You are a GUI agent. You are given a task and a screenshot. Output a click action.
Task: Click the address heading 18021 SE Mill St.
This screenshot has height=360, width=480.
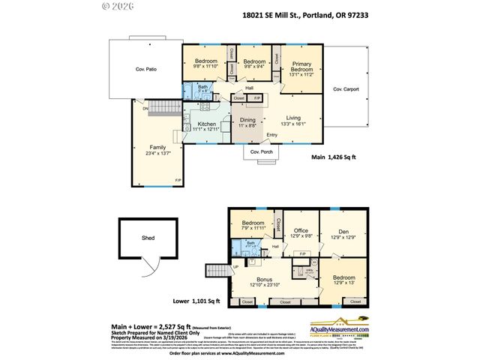[x=305, y=14]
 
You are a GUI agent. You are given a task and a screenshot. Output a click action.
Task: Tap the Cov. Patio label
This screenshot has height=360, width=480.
[x=146, y=69]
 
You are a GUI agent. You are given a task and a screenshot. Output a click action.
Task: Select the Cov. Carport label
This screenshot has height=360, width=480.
[x=346, y=89]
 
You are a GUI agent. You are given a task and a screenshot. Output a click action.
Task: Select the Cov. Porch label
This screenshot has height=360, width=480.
[x=258, y=151]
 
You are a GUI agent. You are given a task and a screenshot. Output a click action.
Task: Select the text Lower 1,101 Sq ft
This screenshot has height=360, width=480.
[x=196, y=301]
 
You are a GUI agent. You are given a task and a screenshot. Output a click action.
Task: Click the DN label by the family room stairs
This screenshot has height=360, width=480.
[x=136, y=107]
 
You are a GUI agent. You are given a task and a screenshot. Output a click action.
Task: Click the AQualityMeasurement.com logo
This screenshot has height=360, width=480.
[x=342, y=328]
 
